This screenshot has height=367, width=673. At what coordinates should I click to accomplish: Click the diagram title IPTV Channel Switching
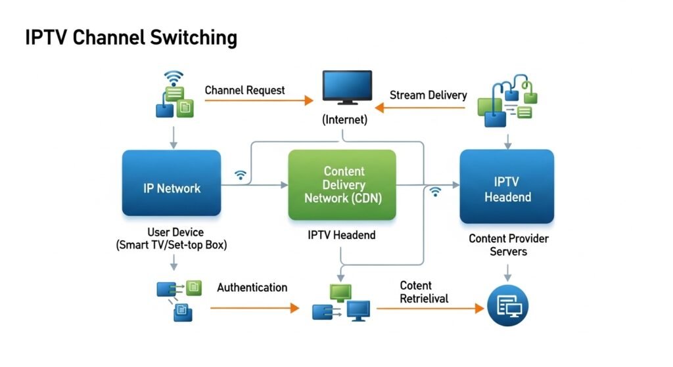pyautogui.click(x=131, y=37)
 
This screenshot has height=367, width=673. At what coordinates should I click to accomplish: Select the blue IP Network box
pyautogui.click(x=172, y=188)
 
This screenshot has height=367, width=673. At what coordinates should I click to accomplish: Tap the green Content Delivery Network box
pyautogui.click(x=342, y=185)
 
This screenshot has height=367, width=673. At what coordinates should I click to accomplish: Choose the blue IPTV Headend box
pyautogui.click(x=507, y=188)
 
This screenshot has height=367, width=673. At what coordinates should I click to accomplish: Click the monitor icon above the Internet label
pyautogui.click(x=347, y=88)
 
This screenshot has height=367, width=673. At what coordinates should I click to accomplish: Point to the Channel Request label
pyautogui.click(x=244, y=90)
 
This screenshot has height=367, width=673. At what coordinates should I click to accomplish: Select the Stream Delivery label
pyautogui.click(x=428, y=95)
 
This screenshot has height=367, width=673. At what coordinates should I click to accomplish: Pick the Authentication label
pyautogui.click(x=252, y=288)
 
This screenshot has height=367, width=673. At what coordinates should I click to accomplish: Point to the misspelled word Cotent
pyautogui.click(x=415, y=286)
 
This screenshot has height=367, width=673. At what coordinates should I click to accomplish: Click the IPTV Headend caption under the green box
pyautogui.click(x=342, y=235)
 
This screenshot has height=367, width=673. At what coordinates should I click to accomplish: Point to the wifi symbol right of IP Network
pyautogui.click(x=241, y=175)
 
